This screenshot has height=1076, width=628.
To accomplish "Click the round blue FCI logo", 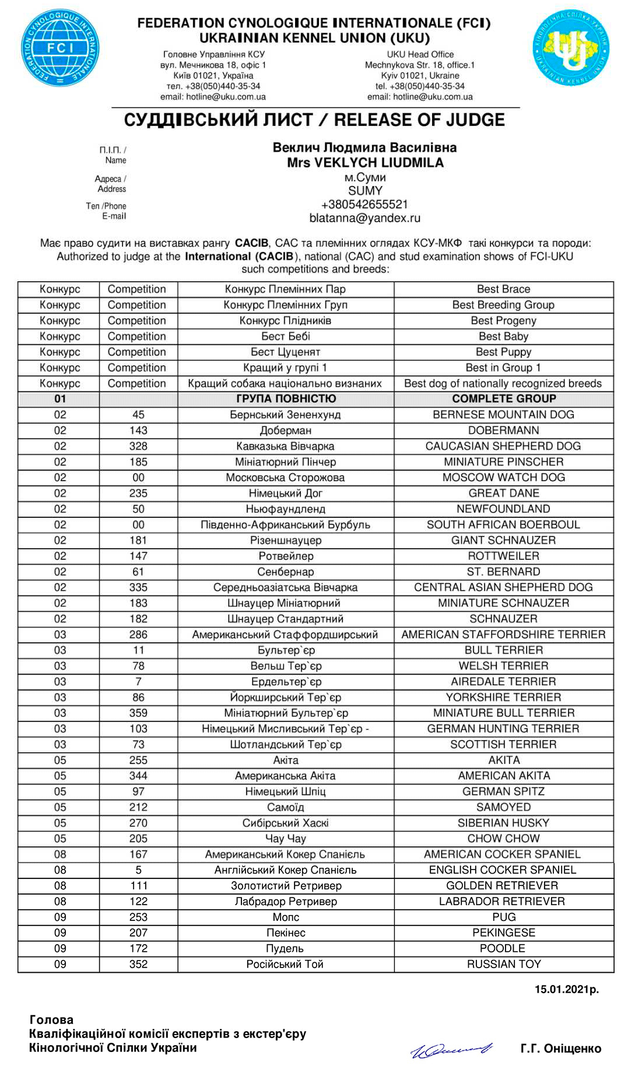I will click(60, 48).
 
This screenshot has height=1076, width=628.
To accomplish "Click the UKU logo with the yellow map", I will click(571, 48).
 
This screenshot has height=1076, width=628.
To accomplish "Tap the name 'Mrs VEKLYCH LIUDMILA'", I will click(365, 163).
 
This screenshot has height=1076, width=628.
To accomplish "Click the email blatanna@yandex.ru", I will click(364, 218).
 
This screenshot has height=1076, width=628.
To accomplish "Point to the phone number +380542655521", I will click(364, 205).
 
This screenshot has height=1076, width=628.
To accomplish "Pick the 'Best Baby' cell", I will click(503, 337).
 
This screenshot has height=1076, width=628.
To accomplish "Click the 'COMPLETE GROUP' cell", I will click(504, 399).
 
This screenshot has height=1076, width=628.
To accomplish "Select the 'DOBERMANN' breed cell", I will click(503, 430).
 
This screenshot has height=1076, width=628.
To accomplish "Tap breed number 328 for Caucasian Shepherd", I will click(138, 446).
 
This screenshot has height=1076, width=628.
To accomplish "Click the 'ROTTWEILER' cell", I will click(503, 556).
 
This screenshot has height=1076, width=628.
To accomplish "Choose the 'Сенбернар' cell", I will click(285, 572).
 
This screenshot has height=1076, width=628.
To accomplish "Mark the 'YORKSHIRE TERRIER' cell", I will click(503, 698).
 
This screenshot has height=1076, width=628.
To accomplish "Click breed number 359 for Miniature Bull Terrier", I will click(138, 713).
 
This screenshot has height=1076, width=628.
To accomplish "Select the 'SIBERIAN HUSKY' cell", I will click(503, 823).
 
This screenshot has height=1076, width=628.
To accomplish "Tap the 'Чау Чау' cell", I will click(285, 839).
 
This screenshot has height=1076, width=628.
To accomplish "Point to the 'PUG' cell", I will click(503, 917).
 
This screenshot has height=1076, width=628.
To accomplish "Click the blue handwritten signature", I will click(452, 1049).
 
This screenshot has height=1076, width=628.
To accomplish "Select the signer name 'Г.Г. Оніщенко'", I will click(560, 1049).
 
